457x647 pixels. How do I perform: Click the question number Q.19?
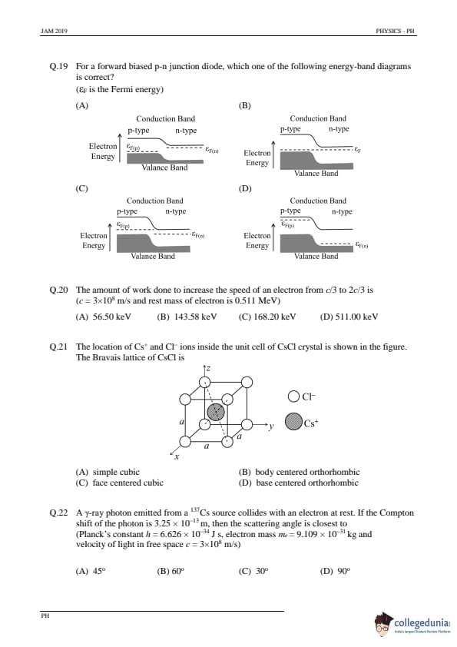pos(58,66)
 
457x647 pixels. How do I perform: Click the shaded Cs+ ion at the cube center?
pos(216,412)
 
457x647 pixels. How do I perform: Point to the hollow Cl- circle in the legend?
pos(293,396)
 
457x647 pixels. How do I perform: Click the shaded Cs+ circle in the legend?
pos(293,422)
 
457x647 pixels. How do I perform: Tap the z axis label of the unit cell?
pos(208,369)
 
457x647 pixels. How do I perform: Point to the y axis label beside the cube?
pos(271,426)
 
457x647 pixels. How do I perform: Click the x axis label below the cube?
pos(177,456)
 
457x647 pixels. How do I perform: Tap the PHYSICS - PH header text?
pos(395,31)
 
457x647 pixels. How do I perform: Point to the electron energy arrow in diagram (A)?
pos(120,148)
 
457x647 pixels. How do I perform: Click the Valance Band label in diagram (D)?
pos(316,256)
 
